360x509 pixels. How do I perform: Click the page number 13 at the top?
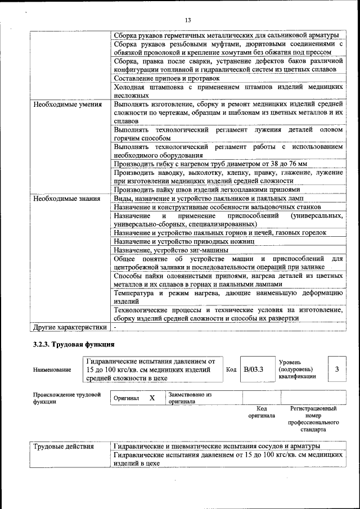pos(188,20)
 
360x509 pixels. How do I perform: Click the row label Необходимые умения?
pos(67,104)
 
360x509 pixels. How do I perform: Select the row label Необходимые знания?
pos(67,199)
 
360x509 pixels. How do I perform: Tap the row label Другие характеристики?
pos(69,326)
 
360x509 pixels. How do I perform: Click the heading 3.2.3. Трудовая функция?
pos(74,344)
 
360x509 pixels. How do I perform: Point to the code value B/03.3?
pos(254,370)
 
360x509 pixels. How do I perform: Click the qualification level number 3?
pos(336,370)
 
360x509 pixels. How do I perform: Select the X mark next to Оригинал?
pos(152,398)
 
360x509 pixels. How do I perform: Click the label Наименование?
pos(52,370)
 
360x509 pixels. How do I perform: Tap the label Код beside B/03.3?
pos(231,370)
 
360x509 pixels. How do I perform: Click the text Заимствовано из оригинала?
pos(189,398)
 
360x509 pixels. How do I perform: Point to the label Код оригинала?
pos(261,412)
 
